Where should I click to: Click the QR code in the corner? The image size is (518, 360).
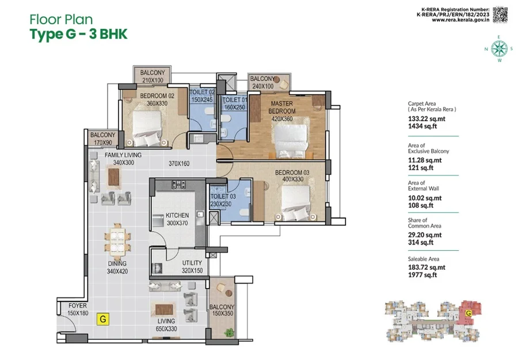click(500, 15)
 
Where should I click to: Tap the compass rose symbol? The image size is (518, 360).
click(499, 48)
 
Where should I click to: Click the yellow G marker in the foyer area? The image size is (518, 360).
click(103, 319)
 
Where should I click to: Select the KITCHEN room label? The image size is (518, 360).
click(177, 215)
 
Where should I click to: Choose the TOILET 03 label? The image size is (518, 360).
click(223, 196)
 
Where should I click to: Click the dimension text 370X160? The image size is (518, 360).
click(179, 163)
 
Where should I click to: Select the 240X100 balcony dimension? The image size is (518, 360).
click(263, 86)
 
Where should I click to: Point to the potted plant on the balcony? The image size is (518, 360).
click(229, 332)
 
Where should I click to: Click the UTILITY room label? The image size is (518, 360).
click(192, 263)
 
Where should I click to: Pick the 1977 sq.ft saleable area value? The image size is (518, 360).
click(422, 275)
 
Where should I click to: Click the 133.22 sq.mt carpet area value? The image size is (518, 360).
click(426, 119)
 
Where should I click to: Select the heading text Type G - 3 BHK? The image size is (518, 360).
click(78, 35)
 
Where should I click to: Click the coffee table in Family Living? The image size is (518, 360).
click(114, 177)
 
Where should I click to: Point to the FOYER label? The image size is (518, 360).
click(78, 305)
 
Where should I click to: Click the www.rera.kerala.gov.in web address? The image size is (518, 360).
click(460, 20)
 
